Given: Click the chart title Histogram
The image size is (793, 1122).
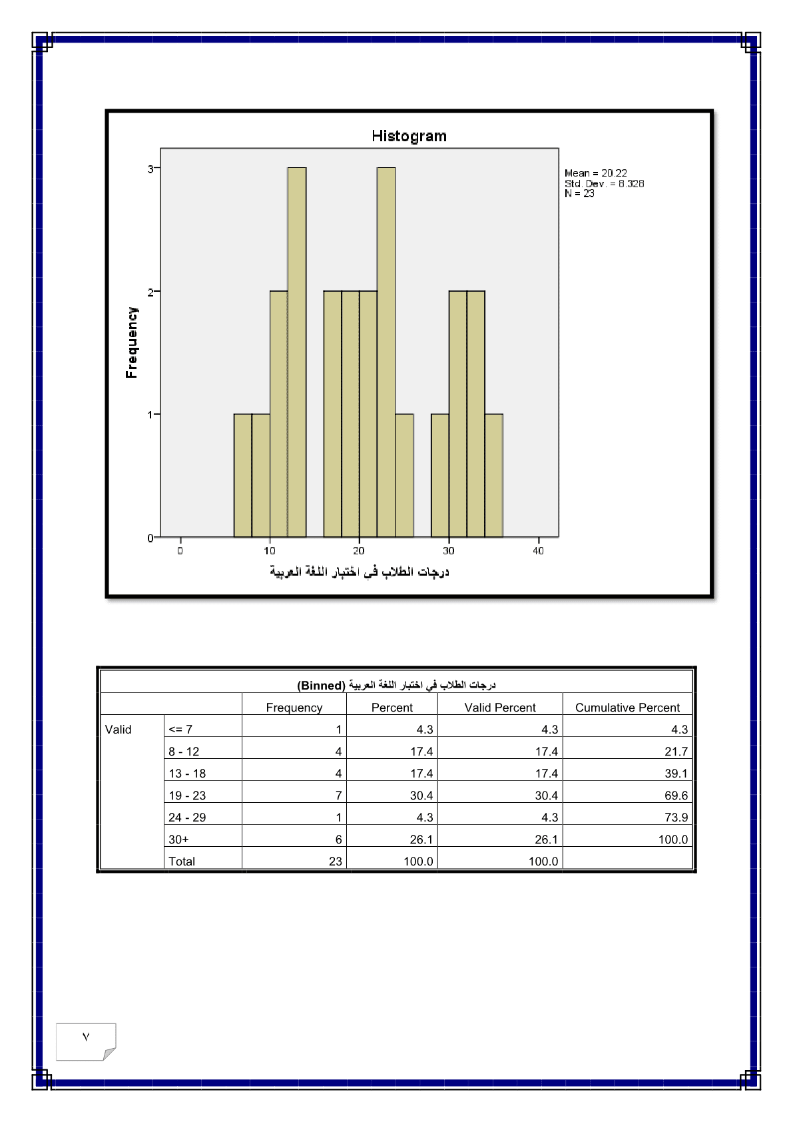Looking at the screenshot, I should pyautogui.click(x=409, y=136).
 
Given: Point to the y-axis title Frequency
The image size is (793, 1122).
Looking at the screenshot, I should pyautogui.click(x=132, y=342).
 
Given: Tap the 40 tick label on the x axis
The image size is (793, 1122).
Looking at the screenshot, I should pyautogui.click(x=538, y=551).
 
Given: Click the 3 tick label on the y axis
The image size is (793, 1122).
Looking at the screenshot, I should pyautogui.click(x=150, y=169).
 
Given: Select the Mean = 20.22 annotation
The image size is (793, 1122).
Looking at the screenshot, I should pyautogui.click(x=596, y=173).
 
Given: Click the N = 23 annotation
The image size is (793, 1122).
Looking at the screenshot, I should pyautogui.click(x=579, y=194).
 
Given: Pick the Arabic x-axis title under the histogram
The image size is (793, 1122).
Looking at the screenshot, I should pyautogui.click(x=360, y=572).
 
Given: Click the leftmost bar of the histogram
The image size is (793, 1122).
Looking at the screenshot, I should pyautogui.click(x=242, y=475).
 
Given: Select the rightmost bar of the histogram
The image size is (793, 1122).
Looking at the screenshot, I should pyautogui.click(x=494, y=475).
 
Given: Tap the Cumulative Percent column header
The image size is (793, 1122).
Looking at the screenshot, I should pyautogui.click(x=627, y=708).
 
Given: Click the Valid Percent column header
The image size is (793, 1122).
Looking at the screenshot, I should pyautogui.click(x=500, y=708).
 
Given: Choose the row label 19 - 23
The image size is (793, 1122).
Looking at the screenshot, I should pyautogui.click(x=187, y=796).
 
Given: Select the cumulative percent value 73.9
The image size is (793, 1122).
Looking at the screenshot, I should pyautogui.click(x=676, y=818).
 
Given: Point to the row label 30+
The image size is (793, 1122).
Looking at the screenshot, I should pyautogui.click(x=178, y=840).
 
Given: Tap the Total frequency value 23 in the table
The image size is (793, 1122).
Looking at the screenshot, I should pyautogui.click(x=335, y=861).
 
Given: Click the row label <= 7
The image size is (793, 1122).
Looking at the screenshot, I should pyautogui.click(x=180, y=730).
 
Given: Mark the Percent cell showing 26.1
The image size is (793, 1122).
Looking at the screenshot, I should pyautogui.click(x=421, y=840).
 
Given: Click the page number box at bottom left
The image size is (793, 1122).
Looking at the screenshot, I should pyautogui.click(x=86, y=1041).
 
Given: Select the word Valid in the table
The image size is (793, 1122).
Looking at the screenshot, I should pyautogui.click(x=119, y=730).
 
